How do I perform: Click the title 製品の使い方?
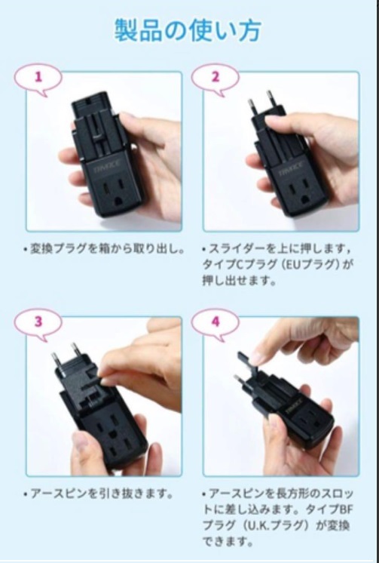coord(188,30)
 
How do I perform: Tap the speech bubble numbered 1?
coord(38,79)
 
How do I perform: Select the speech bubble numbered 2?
coord(215,79)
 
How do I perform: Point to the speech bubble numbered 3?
coord(38,324)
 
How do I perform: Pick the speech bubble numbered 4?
coord(215,324)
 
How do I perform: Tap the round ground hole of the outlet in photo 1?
coord(118,201)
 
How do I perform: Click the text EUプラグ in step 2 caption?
coord(308,265)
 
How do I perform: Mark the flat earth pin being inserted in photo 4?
coord(247,362)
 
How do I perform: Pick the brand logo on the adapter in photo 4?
coord(294,405)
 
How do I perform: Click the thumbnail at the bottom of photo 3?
coord(80,441)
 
